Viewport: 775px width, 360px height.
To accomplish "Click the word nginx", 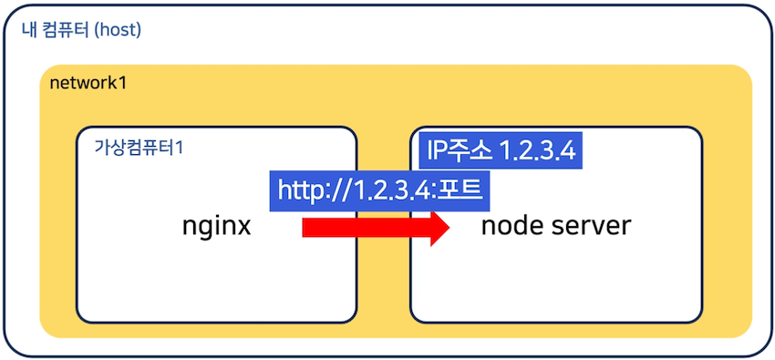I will coord(217,225).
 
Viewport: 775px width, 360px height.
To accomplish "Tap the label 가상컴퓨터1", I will coord(139,147).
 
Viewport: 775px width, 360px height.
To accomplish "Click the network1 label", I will coord(88,85).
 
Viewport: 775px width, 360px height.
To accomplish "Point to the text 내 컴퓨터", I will coord(56,30).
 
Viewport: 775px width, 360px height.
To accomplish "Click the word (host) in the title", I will coord(118,30).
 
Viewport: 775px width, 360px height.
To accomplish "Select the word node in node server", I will coord(511,225).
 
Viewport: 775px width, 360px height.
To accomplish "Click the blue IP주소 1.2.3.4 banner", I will coord(500,150).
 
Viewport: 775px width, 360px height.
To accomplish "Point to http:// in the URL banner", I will coord(312,191).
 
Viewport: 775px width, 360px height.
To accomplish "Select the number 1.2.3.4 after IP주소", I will coord(537,150).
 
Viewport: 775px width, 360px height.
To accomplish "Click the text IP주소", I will coord(457,150).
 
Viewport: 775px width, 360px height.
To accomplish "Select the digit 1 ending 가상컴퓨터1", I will coord(179,147).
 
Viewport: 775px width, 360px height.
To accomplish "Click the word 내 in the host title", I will coord(26,30).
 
